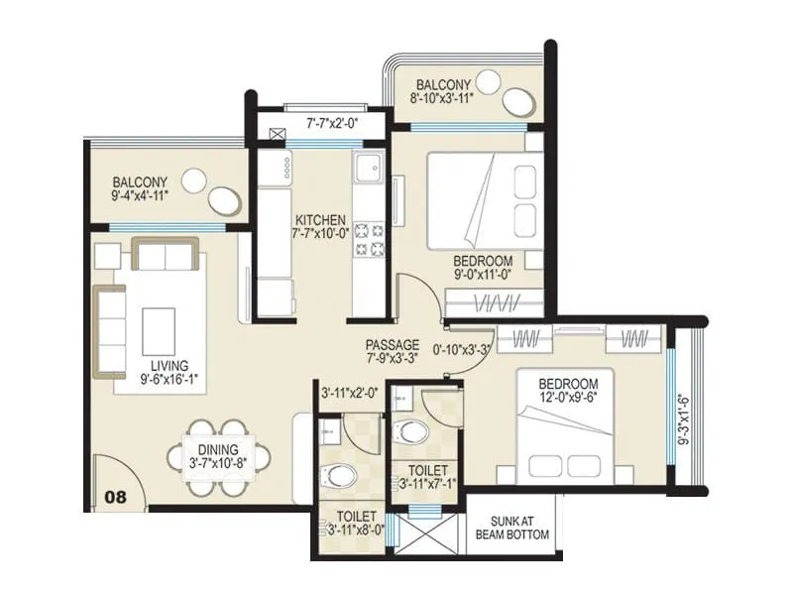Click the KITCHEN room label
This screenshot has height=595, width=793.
(319, 220)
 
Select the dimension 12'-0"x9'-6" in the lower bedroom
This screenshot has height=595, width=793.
(569, 400)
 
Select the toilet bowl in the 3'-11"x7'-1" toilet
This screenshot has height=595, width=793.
(406, 431)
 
